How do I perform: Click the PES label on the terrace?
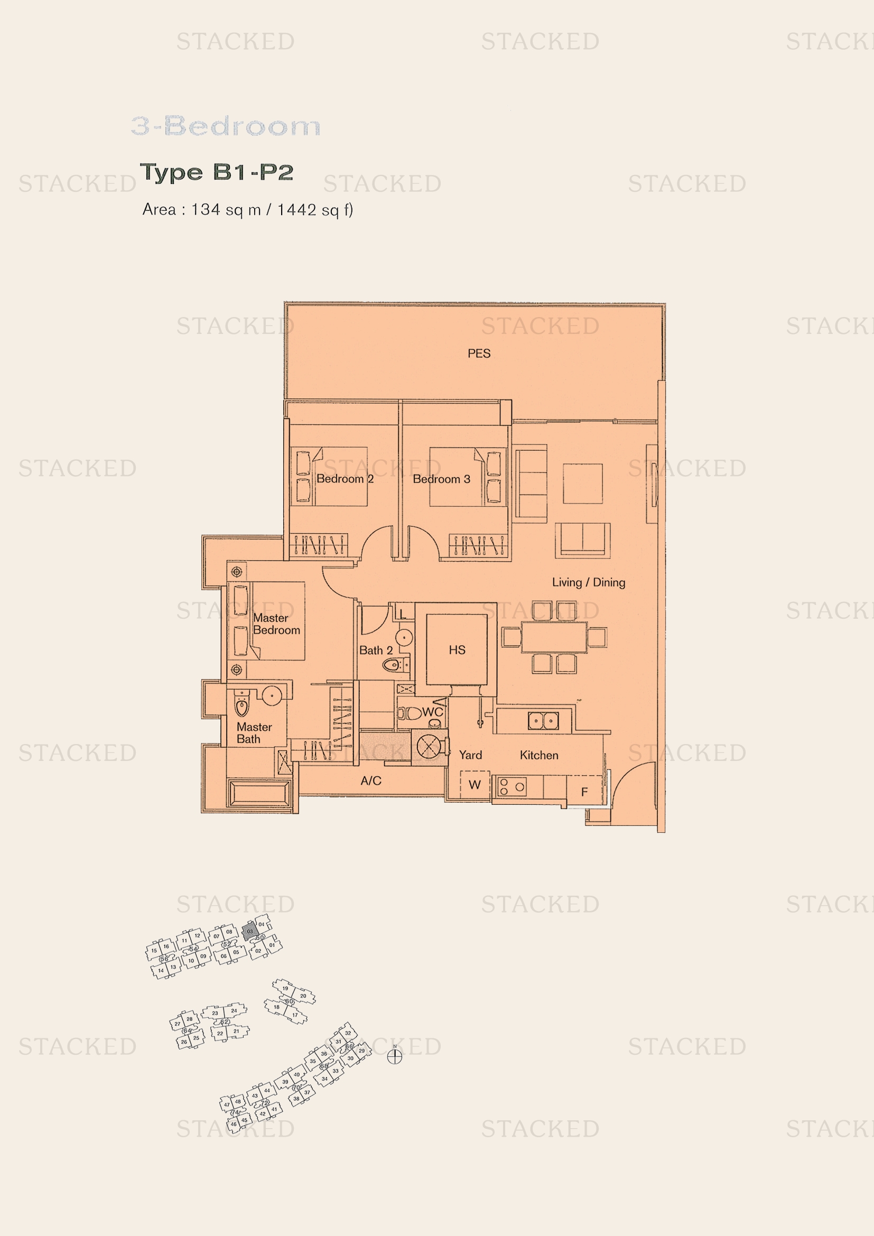[478, 354]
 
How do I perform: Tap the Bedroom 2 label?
[345, 479]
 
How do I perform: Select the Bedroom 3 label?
[441, 479]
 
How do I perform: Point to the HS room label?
[457, 650]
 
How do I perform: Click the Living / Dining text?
[588, 582]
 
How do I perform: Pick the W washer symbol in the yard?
[474, 785]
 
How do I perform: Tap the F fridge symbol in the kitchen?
[584, 792]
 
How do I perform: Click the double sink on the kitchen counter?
[543, 720]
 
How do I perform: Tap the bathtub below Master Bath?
[260, 794]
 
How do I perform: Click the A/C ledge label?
[371, 780]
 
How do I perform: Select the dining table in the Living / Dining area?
[554, 637]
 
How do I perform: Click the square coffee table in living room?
[582, 484]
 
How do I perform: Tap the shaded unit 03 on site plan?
[249, 931]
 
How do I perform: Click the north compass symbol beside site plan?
[395, 1057]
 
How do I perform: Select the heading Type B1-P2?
[216, 172]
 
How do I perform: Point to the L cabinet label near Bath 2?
[403, 614]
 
